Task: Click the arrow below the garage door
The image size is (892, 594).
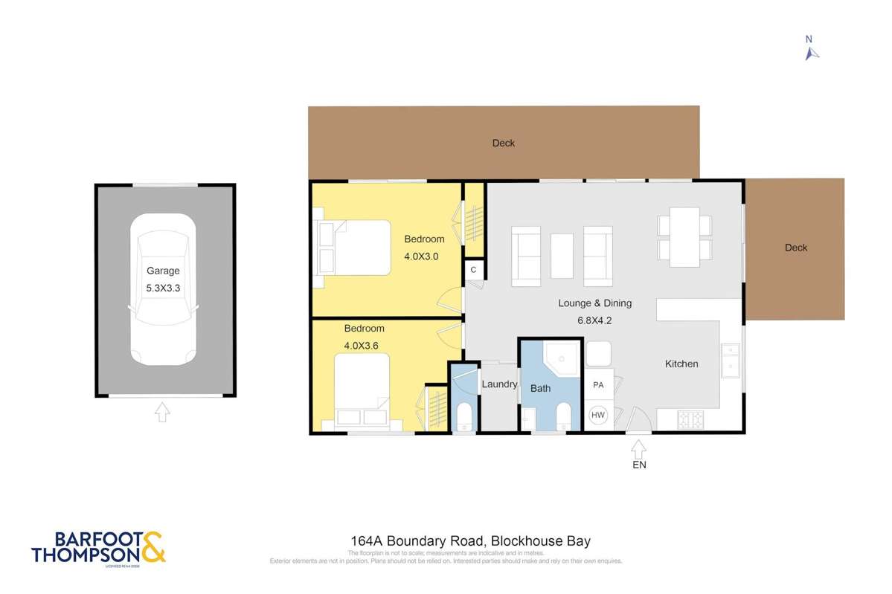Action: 162,411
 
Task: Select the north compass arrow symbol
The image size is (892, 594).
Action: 812,53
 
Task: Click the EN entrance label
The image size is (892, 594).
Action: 639,465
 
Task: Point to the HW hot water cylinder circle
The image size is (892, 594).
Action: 598,416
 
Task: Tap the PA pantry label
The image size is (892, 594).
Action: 598,385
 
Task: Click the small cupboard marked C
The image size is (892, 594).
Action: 473,271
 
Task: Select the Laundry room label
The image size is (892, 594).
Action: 499,384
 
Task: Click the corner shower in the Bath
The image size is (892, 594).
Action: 560,358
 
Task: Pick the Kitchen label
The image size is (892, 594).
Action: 681,364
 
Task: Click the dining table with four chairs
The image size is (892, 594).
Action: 684,237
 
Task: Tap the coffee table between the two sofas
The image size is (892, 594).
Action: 562,256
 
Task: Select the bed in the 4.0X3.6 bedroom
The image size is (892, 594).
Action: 362,390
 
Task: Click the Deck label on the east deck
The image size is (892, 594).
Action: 796,248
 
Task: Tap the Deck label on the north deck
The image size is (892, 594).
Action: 504,143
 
